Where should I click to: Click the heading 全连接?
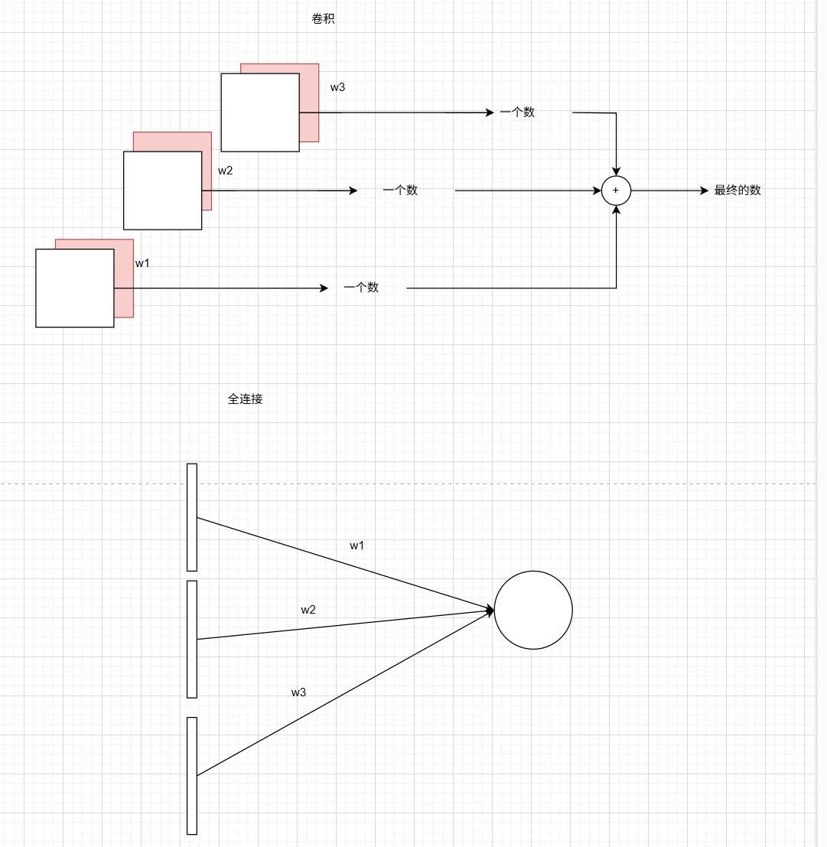[x=245, y=399]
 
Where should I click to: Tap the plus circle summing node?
[x=616, y=191]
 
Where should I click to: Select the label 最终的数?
[x=737, y=191]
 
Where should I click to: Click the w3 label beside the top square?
[x=337, y=87]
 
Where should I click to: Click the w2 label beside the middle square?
[x=225, y=171]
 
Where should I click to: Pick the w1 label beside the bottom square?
[x=142, y=263]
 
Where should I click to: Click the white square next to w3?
[x=259, y=112]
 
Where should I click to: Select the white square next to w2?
[x=162, y=190]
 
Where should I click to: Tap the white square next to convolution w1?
[x=74, y=288]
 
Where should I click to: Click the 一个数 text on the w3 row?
[x=517, y=112]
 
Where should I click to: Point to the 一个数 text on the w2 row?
[x=400, y=191]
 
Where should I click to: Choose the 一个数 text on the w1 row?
[x=361, y=288]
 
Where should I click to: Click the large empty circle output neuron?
[x=533, y=610]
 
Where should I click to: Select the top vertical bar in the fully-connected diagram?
[x=192, y=516]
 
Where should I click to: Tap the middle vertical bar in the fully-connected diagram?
[x=192, y=639]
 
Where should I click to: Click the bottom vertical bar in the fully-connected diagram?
[x=192, y=775]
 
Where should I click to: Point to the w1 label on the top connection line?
[x=357, y=546]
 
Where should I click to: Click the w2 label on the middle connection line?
[x=308, y=610]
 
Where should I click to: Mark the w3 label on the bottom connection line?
[x=298, y=692]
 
